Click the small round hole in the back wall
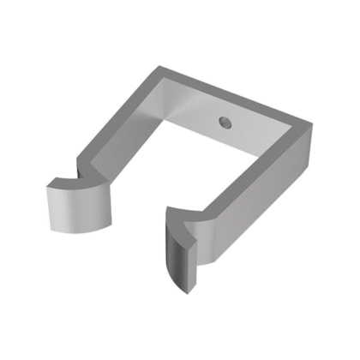(x=224, y=122)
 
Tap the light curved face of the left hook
(x=79, y=210)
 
